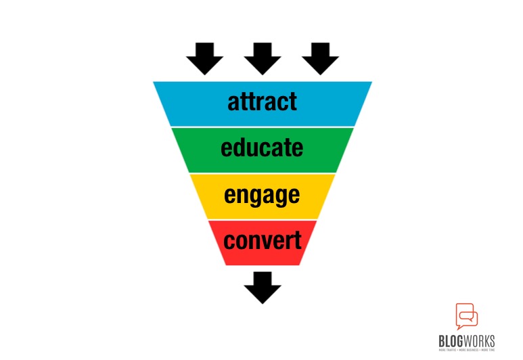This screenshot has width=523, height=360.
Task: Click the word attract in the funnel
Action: pyautogui.click(x=262, y=102)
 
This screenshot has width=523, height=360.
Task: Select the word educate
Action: pyautogui.click(x=262, y=148)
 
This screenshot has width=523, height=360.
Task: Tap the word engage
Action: pyautogui.click(x=262, y=195)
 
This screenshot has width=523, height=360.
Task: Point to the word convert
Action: pyautogui.click(x=262, y=240)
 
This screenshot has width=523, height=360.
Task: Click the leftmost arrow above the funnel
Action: pyautogui.click(x=204, y=58)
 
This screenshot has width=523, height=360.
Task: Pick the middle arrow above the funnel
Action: pyautogui.click(x=263, y=58)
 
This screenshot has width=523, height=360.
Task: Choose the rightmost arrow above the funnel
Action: pyautogui.click(x=320, y=58)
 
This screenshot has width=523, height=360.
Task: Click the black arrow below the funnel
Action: pyautogui.click(x=263, y=287)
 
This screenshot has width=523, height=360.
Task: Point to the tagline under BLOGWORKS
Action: pyautogui.click(x=465, y=351)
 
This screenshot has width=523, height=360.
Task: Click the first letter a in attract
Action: pyautogui.click(x=233, y=104)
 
